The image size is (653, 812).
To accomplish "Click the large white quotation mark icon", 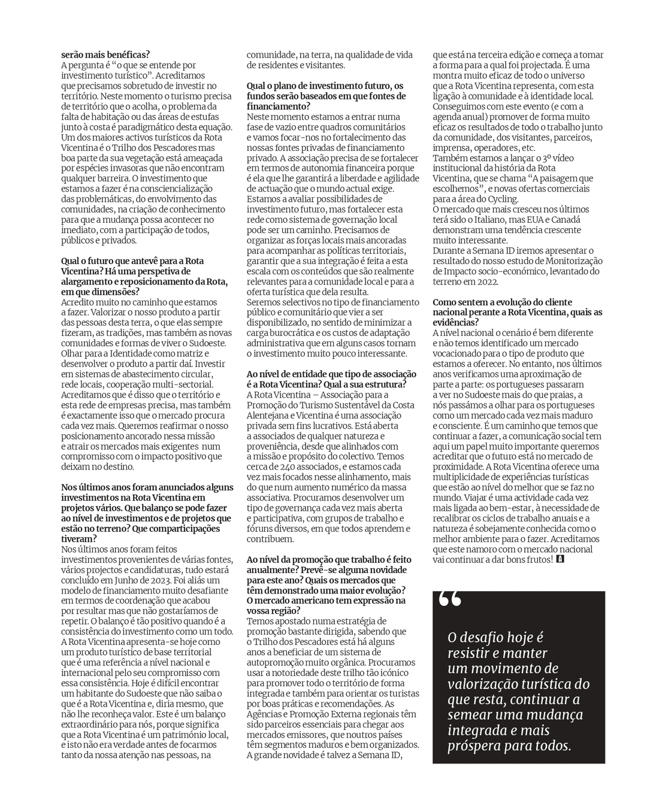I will coord(450,599).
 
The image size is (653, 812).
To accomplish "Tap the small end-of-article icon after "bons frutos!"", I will coord(560,559).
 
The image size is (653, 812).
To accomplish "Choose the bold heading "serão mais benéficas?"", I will coord(105,54).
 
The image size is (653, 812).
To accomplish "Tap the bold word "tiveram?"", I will coord(79,538).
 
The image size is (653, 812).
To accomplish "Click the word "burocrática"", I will coord(280,333).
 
